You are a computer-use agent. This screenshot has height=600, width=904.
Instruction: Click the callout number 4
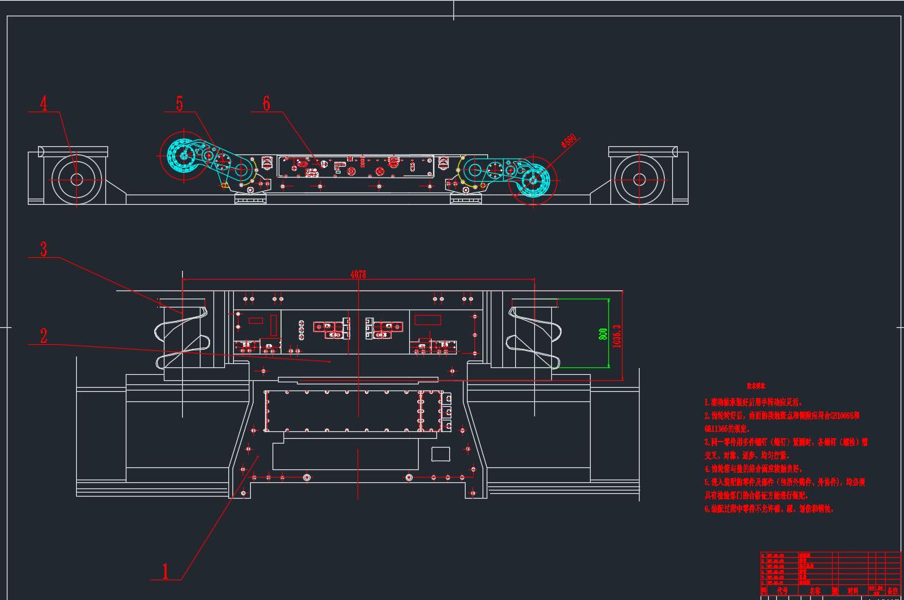click(x=44, y=104)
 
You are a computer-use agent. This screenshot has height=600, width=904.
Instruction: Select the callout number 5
click(x=179, y=103)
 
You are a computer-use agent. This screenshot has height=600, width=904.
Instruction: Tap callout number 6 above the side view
click(x=266, y=103)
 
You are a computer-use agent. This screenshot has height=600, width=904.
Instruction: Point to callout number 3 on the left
click(x=44, y=249)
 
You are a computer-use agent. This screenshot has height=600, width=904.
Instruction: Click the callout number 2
click(x=44, y=335)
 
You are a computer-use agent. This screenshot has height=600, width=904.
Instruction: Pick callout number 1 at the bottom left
click(x=164, y=570)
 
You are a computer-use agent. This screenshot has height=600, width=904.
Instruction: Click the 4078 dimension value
click(x=358, y=274)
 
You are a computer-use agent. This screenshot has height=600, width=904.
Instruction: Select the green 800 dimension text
click(x=603, y=335)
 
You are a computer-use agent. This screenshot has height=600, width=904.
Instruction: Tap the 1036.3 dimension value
click(x=617, y=335)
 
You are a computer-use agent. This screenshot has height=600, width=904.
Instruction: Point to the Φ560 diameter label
click(x=568, y=141)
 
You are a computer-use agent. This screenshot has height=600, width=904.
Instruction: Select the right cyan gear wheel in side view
click(x=536, y=181)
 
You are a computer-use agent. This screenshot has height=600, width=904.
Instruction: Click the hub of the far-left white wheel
click(x=76, y=180)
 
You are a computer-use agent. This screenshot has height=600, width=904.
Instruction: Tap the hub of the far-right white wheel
click(x=639, y=180)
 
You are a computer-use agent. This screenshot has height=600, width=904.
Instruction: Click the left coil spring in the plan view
click(x=182, y=333)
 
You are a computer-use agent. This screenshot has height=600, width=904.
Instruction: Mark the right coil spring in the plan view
click(x=534, y=333)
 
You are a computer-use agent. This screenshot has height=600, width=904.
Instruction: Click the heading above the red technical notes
click(x=756, y=386)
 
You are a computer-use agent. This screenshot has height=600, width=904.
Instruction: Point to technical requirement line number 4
click(x=754, y=469)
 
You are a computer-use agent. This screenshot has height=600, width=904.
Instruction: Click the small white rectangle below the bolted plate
click(x=440, y=454)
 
